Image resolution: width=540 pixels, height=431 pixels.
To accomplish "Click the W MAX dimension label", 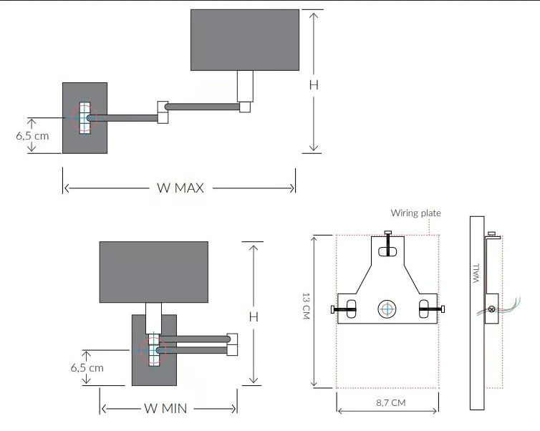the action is [180, 188].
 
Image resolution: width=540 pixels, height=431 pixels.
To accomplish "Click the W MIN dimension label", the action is [165, 408].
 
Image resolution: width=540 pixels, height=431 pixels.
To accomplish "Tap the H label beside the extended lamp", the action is [314, 85].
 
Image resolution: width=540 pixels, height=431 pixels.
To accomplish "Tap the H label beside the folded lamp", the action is [254, 316].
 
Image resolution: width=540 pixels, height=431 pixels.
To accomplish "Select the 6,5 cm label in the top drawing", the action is [32, 135].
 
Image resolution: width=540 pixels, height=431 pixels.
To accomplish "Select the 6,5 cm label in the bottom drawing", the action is [87, 368].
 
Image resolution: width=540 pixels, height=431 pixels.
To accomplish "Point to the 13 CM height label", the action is [306, 306].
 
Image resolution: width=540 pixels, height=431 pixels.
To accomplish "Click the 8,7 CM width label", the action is [391, 402].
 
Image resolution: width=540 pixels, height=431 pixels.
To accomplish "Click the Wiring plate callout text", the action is [415, 213].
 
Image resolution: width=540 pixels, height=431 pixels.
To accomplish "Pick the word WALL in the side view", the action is [476, 273].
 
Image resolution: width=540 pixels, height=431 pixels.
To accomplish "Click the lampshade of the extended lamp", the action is [245, 40].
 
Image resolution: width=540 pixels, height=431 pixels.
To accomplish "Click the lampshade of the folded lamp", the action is [153, 272].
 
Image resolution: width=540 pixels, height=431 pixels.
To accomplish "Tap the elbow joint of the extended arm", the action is [163, 112].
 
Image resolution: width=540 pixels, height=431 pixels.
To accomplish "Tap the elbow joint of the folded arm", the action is [232, 344].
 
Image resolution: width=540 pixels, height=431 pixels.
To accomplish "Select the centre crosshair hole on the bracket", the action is [387, 309].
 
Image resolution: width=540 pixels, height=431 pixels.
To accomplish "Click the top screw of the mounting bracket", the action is [388, 243].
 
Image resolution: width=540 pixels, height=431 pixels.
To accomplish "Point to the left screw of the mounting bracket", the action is [343, 309].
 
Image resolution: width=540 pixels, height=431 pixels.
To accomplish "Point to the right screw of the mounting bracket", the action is [432, 309].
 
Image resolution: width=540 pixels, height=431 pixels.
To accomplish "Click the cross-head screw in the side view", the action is [491, 309].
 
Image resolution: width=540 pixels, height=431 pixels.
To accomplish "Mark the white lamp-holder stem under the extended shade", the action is [245, 86].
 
